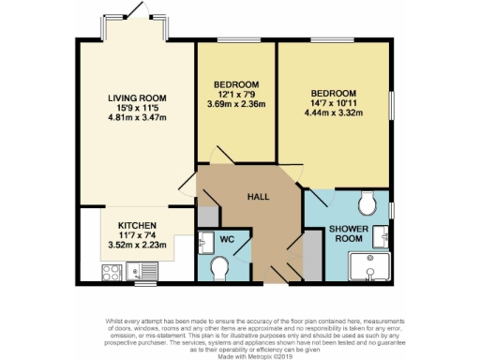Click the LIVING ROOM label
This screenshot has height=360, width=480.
pos(136,98)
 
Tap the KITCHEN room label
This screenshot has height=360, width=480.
pos(136,226)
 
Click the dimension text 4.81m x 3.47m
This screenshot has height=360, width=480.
pos(136,119)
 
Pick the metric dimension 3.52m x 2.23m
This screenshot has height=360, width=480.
pos(136,246)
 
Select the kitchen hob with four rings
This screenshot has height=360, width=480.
pos(112,273)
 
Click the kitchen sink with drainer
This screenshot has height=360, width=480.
pos(144,273)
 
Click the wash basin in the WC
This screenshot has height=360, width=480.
pos(205,242)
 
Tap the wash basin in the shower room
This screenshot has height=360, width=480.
pos(382,234)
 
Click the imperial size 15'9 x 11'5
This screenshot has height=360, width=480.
pos(136,109)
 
